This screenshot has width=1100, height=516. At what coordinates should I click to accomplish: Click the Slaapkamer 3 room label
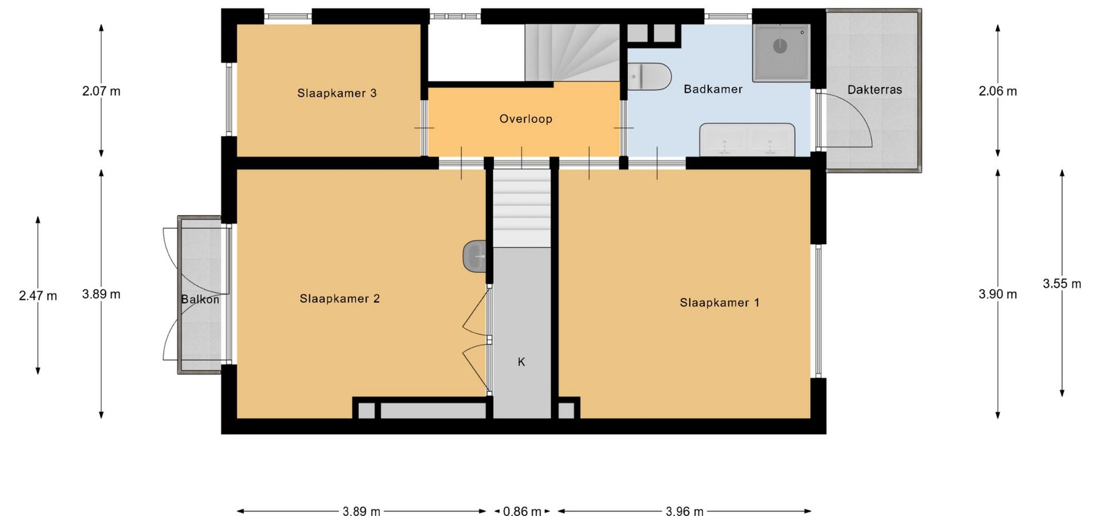tap(337, 93)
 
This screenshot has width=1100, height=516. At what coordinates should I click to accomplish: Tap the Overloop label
tap(525, 119)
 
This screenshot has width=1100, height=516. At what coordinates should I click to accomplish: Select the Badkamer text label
tap(713, 89)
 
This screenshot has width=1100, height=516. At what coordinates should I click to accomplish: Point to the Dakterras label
tap(874, 90)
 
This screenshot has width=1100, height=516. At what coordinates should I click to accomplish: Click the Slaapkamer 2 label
tap(340, 299)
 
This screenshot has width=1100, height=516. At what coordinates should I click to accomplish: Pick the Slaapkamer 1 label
tap(720, 303)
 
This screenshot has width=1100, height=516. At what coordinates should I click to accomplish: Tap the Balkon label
tap(200, 299)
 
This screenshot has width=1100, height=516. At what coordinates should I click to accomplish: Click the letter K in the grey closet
tap(521, 362)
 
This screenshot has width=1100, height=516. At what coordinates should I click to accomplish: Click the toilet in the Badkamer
tap(649, 77)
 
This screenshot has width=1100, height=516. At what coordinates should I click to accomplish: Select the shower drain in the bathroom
tap(780, 46)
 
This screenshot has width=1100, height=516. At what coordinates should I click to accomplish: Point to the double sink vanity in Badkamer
tap(747, 139)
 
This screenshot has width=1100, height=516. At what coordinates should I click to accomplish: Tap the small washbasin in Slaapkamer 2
tap(474, 256)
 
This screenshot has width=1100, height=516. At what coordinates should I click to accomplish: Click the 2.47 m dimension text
tap(38, 296)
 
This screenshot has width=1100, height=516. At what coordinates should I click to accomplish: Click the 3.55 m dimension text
tap(1062, 284)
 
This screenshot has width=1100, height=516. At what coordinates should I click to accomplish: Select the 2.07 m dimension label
tap(101, 91)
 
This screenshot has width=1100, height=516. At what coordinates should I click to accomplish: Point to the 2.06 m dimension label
tap(997, 91)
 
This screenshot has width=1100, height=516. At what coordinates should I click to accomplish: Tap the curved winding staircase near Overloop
tap(572, 53)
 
